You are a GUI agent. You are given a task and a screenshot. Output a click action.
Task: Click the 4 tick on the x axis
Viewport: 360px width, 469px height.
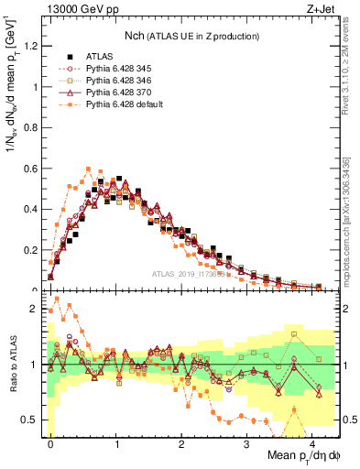point(312,442)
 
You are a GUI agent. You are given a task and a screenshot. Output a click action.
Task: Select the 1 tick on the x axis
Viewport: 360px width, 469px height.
point(116,442)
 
